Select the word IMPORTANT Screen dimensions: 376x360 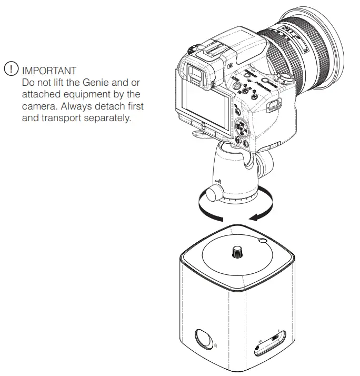(48, 70)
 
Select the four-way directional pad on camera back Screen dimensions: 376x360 (240, 127)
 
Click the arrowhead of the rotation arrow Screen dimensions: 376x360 (254, 216)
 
